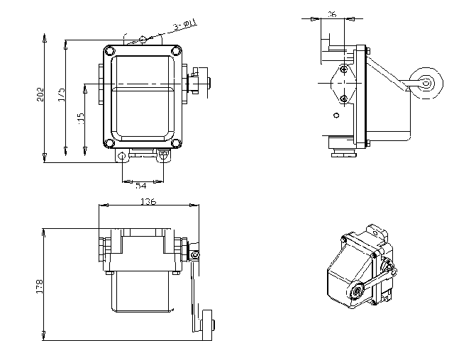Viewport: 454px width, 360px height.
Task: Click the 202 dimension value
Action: point(40,95)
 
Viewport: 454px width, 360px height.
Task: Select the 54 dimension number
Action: point(142,185)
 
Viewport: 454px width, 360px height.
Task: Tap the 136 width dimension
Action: point(148,202)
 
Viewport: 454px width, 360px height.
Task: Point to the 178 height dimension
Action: point(40,286)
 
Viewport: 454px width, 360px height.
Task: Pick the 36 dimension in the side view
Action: point(332,14)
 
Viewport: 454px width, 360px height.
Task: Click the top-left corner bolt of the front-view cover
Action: point(109,50)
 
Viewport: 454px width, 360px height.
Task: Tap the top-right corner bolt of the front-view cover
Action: point(177,50)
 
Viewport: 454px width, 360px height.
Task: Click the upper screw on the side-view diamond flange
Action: point(343,69)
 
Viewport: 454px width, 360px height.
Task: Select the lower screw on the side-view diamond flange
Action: point(343,99)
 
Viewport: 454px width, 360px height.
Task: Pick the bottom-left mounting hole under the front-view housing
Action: point(123,155)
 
